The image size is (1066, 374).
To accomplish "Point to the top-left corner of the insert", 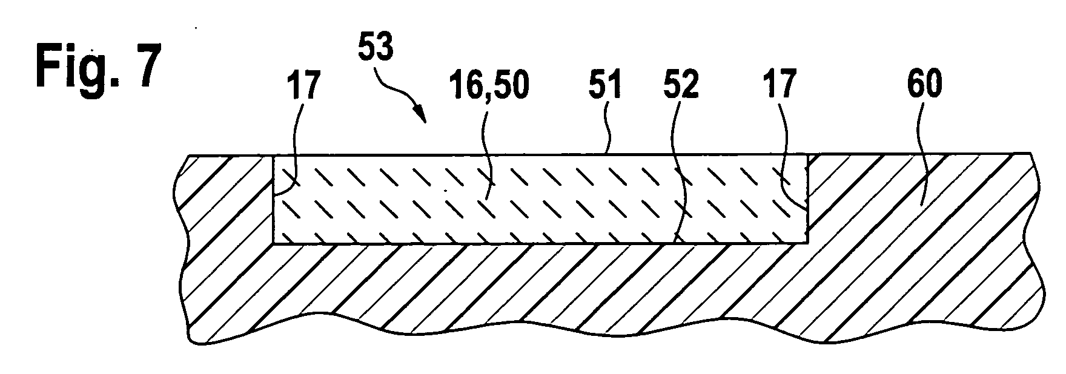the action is click(274, 156).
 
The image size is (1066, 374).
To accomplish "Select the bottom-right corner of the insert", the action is click(807, 244).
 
